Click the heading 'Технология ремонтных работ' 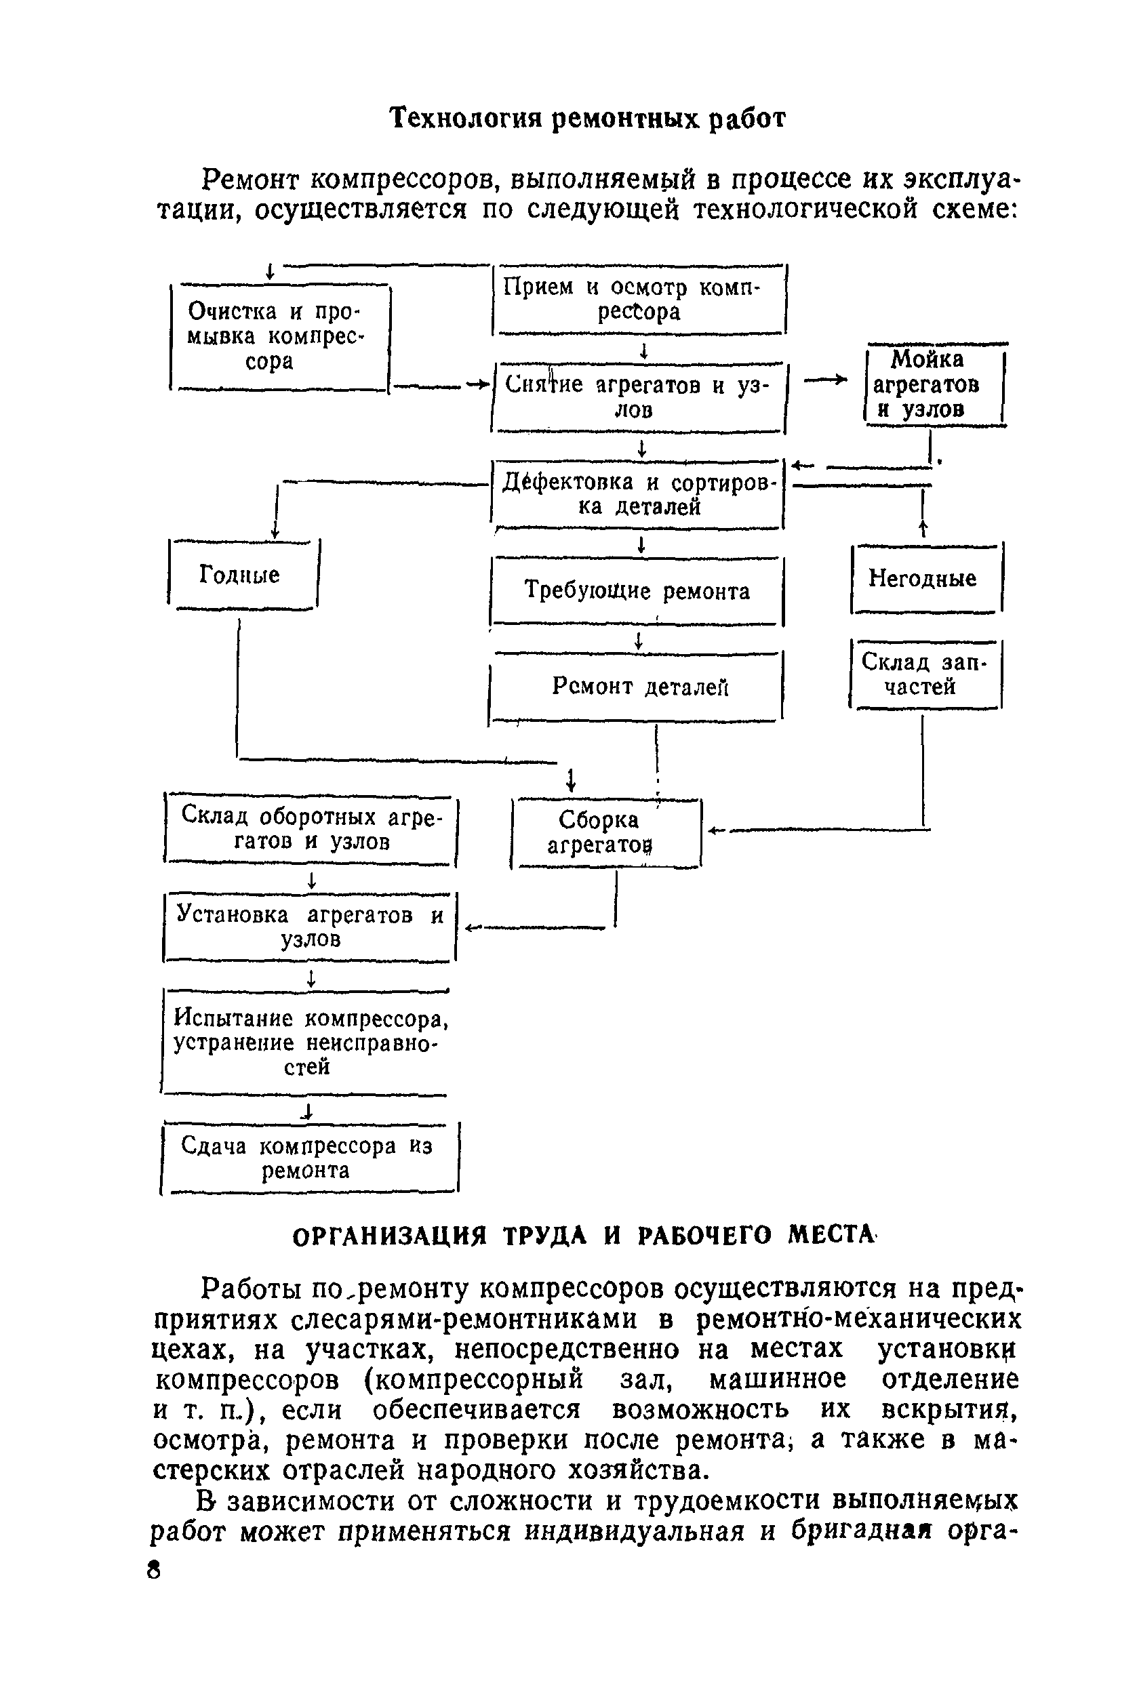pyautogui.click(x=587, y=118)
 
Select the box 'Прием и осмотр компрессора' pyautogui.click(x=639, y=300)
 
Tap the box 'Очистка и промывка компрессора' pyautogui.click(x=280, y=337)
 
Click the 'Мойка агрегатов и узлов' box pyautogui.click(x=934, y=385)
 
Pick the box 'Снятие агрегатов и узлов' pyautogui.click(x=639, y=397)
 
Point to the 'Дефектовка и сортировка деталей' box pyautogui.click(x=638, y=494)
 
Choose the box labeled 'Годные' pyautogui.click(x=242, y=575)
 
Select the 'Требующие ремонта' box pyautogui.click(x=637, y=591)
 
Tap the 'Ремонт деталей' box pyautogui.click(x=637, y=686)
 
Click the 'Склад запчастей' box pyautogui.click(x=925, y=674)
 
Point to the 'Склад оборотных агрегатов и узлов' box pyautogui.click(x=311, y=829)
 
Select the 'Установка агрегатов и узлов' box pyautogui.click(x=310, y=927)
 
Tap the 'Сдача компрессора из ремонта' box pyautogui.click(x=309, y=1157)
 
